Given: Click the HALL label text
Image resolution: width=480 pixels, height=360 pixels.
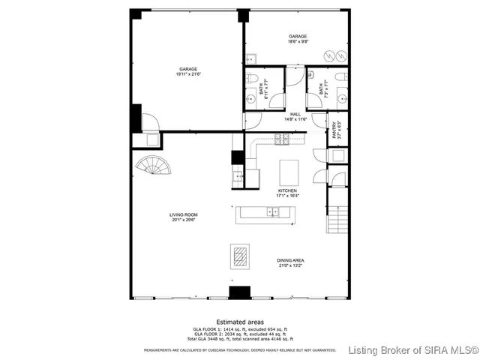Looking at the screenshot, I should (x=295, y=114).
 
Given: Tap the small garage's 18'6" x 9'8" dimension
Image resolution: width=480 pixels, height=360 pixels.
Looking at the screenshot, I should (x=298, y=42).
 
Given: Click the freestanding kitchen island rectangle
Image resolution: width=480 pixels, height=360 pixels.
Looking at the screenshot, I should (x=288, y=172).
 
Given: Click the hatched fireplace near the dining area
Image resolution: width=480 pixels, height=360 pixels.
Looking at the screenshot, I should (x=240, y=256).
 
